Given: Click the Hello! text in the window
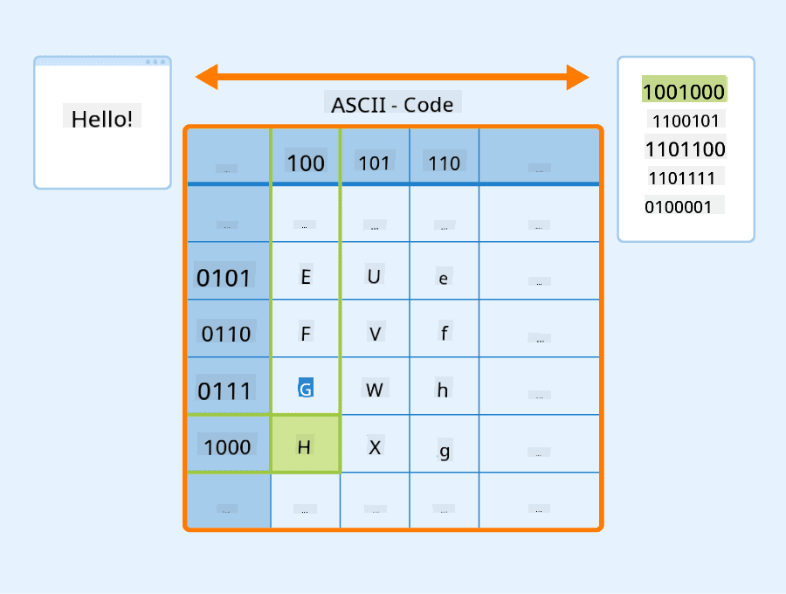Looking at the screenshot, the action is tap(102, 120).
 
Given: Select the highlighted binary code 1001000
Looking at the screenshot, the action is tap(684, 92).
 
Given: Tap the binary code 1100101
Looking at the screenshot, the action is tap(686, 121).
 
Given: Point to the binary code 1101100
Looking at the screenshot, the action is tap(686, 148).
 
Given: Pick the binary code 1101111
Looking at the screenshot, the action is tap(681, 178).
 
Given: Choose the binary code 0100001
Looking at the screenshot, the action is tap(679, 206).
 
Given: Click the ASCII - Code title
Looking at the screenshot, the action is tap(392, 105).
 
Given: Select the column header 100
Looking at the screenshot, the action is tap(306, 162).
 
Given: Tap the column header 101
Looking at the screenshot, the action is tap(374, 162).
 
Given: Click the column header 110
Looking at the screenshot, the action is tap(445, 162).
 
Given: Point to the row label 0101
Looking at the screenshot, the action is tap(224, 278).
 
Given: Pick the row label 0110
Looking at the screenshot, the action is tap(226, 334).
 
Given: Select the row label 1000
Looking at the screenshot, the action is tap(227, 446).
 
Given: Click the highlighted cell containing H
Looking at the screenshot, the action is tap(306, 444).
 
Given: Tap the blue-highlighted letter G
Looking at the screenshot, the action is tap(306, 388).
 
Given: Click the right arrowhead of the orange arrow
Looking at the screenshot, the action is tap(578, 77).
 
